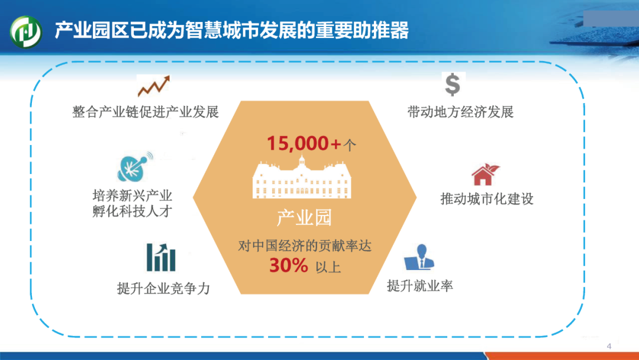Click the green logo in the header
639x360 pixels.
(26, 31)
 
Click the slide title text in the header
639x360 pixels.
(231, 31)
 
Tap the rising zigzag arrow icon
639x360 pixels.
(154, 86)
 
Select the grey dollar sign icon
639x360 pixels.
(453, 85)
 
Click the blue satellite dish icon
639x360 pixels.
(135, 167)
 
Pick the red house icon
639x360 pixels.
(485, 175)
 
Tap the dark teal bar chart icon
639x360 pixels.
(161, 257)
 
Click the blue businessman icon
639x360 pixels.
(419, 257)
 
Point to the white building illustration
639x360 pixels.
(302, 178)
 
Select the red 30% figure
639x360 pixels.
(289, 265)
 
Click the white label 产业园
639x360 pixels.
(304, 218)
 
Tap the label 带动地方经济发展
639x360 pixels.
(460, 112)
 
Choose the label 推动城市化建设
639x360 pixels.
(487, 199)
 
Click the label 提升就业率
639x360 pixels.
(419, 286)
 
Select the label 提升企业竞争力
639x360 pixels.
(163, 289)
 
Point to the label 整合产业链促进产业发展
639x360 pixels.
(146, 112)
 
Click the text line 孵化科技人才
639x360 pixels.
(133, 211)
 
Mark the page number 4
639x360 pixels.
(609, 346)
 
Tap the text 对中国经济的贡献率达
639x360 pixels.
(305, 246)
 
